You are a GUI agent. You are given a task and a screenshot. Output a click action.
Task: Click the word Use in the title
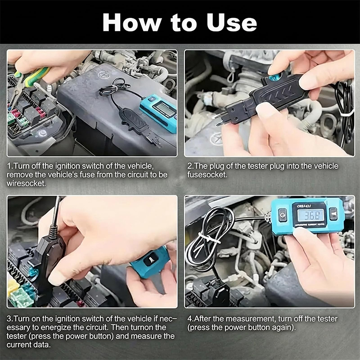point(231,22)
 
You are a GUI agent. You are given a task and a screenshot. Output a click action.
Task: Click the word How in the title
point(132,22)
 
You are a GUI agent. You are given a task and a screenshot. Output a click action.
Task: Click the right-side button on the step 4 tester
point(333,213)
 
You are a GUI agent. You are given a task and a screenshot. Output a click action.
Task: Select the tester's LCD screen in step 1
point(164,108)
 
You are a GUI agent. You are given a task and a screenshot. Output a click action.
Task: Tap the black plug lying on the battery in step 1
point(134,121)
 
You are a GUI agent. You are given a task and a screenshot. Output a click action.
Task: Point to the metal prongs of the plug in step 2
point(217,120)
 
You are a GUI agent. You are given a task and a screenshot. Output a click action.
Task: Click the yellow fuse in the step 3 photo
point(13,288)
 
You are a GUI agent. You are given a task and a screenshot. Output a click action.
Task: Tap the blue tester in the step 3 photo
point(150,262)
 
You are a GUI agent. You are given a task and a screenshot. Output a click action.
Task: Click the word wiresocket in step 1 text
point(26,184)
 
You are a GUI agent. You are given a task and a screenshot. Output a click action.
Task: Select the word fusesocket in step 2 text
point(207,175)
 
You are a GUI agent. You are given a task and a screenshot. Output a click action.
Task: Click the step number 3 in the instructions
point(9,319)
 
